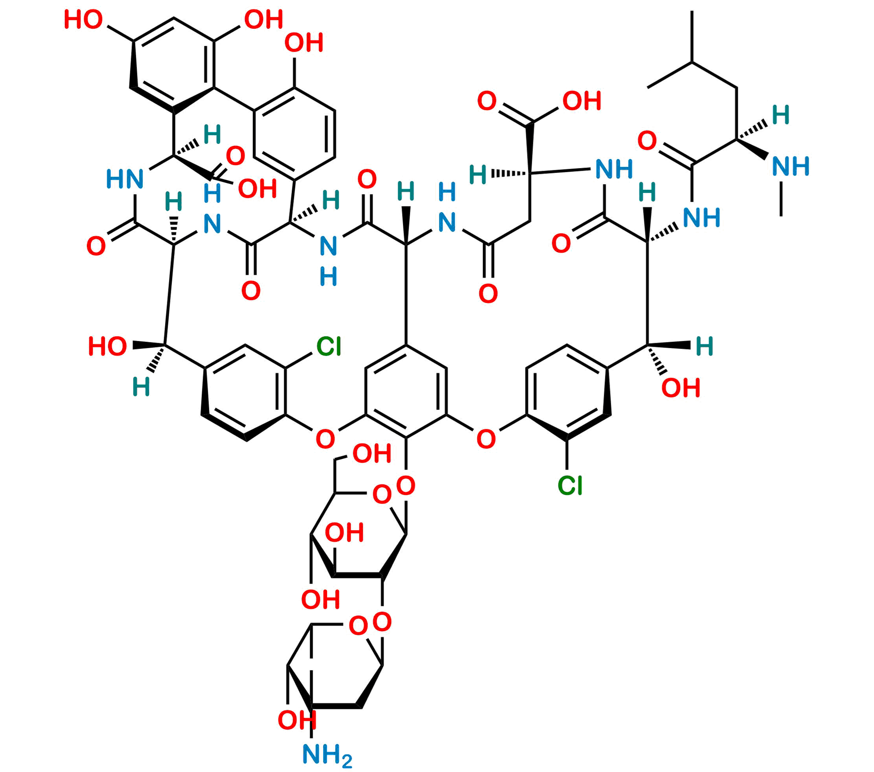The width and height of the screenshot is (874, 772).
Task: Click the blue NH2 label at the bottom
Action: pyautogui.click(x=327, y=755)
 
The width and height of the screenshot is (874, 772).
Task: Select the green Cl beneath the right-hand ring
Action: pyautogui.click(x=570, y=485)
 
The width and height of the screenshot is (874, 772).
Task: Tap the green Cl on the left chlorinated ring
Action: pyautogui.click(x=329, y=346)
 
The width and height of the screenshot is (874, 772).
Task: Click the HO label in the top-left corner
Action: pyautogui.click(x=83, y=20)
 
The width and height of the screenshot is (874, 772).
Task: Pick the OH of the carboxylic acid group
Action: pyautogui.click(x=582, y=101)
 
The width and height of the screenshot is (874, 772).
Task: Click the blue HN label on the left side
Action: pyautogui.click(x=125, y=180)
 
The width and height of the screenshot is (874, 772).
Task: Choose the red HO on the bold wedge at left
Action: pyautogui.click(x=107, y=346)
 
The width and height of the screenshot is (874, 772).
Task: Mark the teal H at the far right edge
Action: pyautogui.click(x=704, y=346)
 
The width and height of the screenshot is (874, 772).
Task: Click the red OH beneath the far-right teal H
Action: pyautogui.click(x=681, y=388)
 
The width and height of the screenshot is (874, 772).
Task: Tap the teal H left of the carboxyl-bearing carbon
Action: pyautogui.click(x=478, y=174)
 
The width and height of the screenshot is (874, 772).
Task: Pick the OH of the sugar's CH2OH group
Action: pyautogui.click(x=372, y=453)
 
